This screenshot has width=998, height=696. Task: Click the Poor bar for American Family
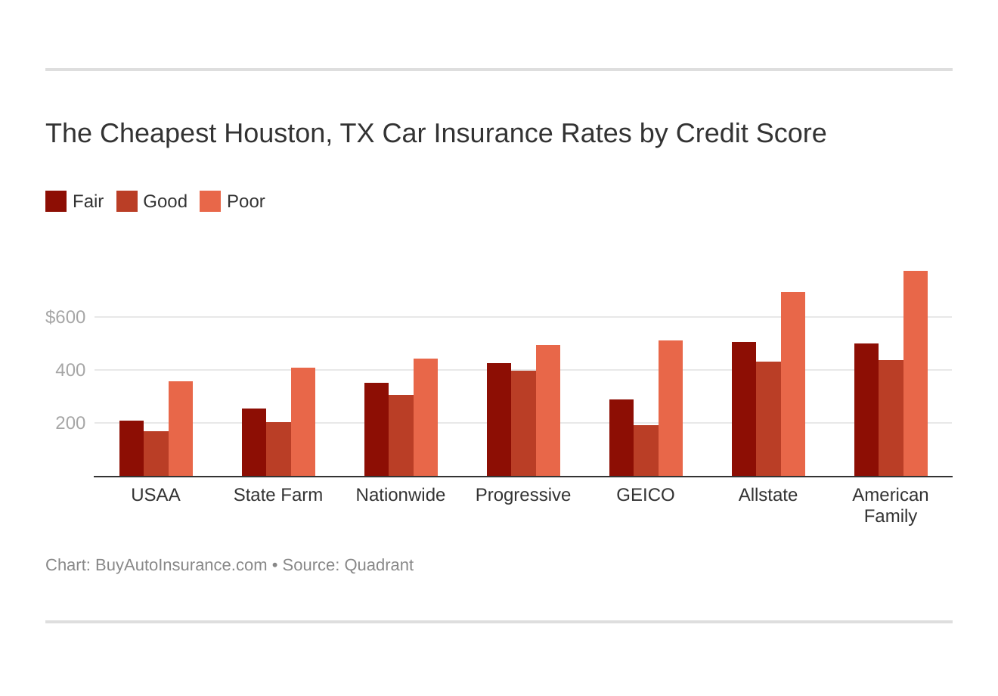915,374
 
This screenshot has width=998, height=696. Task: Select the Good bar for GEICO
646,451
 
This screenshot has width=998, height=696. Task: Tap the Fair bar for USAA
132,449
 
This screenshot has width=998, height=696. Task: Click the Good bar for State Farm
278,449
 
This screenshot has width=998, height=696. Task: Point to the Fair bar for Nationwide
377,430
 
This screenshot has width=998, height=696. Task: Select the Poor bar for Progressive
547,411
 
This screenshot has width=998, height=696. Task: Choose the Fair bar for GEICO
621,438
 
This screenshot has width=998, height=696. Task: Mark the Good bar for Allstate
768,419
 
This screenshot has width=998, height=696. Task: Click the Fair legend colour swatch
56,201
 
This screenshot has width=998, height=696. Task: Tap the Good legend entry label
165,201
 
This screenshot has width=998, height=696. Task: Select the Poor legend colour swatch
210,201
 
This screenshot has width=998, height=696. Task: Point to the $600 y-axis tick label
66,317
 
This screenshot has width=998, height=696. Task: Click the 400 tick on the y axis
70,370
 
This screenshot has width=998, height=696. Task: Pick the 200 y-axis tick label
70,423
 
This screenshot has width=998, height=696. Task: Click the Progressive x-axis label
523,495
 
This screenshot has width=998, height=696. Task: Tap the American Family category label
890,505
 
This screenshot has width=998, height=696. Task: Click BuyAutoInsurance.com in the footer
181,565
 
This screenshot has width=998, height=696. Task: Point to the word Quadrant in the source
379,565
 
